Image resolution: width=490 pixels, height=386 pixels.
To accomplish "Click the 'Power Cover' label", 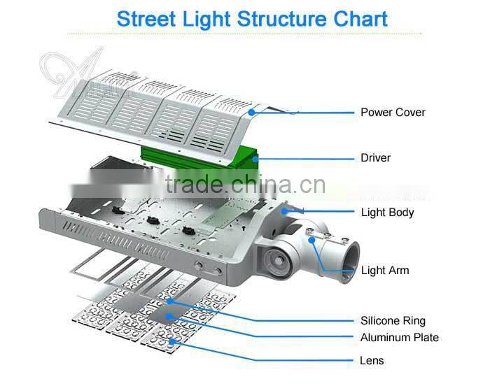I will [393, 112].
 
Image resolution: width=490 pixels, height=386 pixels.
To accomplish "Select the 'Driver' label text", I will [375, 158].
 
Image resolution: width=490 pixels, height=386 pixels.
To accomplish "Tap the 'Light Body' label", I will [387, 212].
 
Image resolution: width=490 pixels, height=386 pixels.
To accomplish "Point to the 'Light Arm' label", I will [385, 271].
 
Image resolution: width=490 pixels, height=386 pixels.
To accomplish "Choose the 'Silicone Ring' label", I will [393, 321].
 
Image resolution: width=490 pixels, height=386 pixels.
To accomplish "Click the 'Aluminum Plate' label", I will [400, 338].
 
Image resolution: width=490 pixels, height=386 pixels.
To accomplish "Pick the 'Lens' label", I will [372, 361].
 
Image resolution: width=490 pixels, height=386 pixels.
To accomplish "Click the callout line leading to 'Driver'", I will [308, 159].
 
